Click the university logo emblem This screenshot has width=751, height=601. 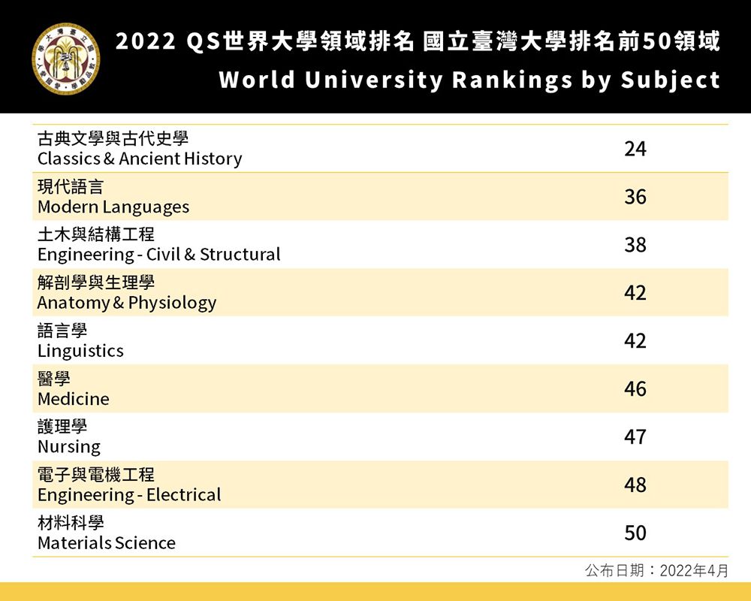click(x=66, y=59)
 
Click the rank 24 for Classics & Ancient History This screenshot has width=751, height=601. click(x=635, y=149)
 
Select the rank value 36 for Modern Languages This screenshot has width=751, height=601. click(x=635, y=197)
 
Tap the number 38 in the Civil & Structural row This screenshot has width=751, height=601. click(x=635, y=245)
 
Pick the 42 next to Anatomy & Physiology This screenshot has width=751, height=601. click(x=635, y=293)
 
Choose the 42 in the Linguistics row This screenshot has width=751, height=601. click(x=635, y=341)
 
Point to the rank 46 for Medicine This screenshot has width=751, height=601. click(x=635, y=389)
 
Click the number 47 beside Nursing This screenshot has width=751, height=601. click(x=635, y=437)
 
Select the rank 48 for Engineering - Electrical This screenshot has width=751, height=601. click(x=635, y=485)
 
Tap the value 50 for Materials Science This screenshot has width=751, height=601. click(x=635, y=533)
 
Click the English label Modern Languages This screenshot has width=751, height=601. click(x=113, y=207)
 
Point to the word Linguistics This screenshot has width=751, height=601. click(x=80, y=351)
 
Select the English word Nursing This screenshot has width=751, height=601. click(x=68, y=447)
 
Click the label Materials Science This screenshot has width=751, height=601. click(x=107, y=543)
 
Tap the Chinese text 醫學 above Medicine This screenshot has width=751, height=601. click(x=54, y=378)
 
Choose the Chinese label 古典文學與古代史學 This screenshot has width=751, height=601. click(x=113, y=138)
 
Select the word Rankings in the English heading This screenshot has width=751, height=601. click(x=512, y=80)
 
